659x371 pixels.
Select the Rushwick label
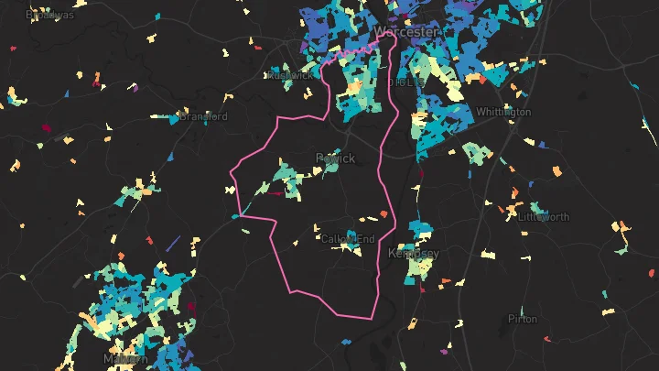pos(288,75)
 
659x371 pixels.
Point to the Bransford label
pos(203,116)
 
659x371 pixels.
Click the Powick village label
pos(334,158)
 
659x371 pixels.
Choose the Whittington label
pos(503,112)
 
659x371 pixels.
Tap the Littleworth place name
pos(543,217)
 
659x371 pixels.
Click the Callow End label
pos(348,239)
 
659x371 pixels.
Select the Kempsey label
pos(414,253)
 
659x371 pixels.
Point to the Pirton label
pos(524,319)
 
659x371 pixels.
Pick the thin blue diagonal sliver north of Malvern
pos(173,242)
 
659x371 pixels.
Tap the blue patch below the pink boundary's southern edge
pos(348,341)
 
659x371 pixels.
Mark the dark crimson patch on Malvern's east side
pos(191,307)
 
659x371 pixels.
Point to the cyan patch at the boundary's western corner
pos(236,216)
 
